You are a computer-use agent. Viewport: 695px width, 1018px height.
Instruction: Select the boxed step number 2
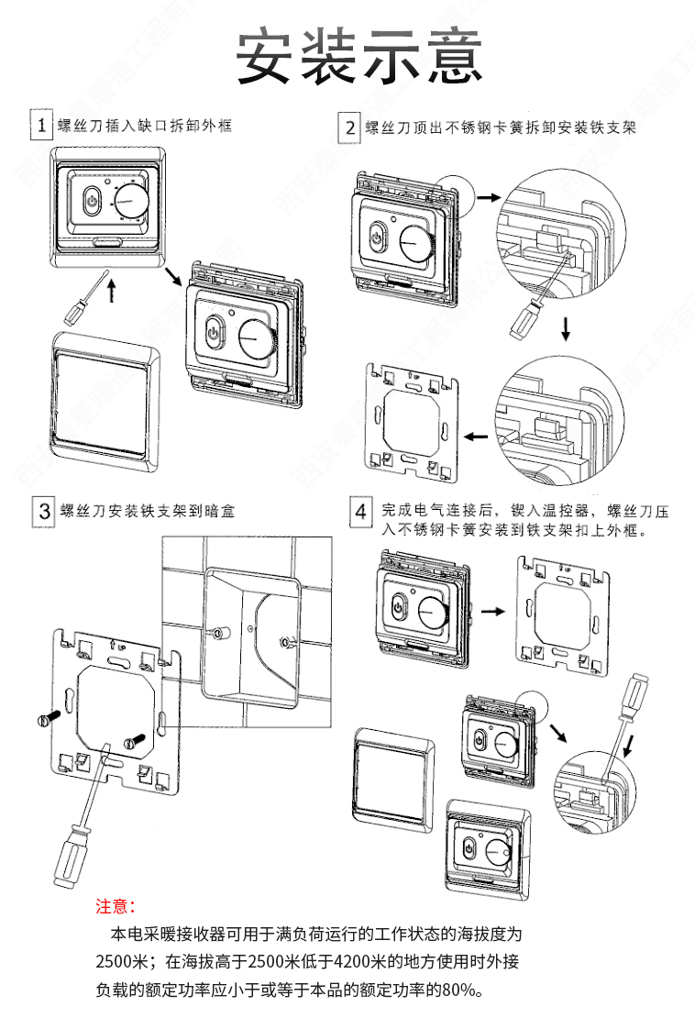pos(349,127)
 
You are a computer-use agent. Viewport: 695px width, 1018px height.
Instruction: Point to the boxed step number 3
pos(41,510)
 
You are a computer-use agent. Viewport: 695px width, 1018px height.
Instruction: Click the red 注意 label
pos(116,907)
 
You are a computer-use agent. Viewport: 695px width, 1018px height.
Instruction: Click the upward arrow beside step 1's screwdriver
pos(113,292)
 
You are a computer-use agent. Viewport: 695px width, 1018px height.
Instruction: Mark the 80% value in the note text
pos(458,990)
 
